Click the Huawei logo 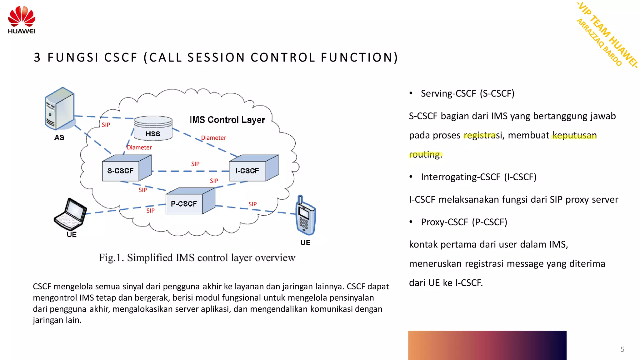[22, 19]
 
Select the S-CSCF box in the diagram [121, 171]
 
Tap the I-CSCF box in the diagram [247, 171]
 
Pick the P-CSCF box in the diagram [184, 204]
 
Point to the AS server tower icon [59, 108]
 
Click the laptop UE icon [70, 214]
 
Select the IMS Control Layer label [227, 120]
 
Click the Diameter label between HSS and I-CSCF [213, 138]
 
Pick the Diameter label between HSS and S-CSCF [139, 147]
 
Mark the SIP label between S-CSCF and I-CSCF [195, 164]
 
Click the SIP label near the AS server [106, 125]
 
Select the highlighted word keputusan [574, 135]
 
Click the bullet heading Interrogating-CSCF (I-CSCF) [478, 177]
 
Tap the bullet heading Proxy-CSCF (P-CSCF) [464, 222]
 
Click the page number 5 [622, 349]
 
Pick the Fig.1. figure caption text [197, 258]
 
